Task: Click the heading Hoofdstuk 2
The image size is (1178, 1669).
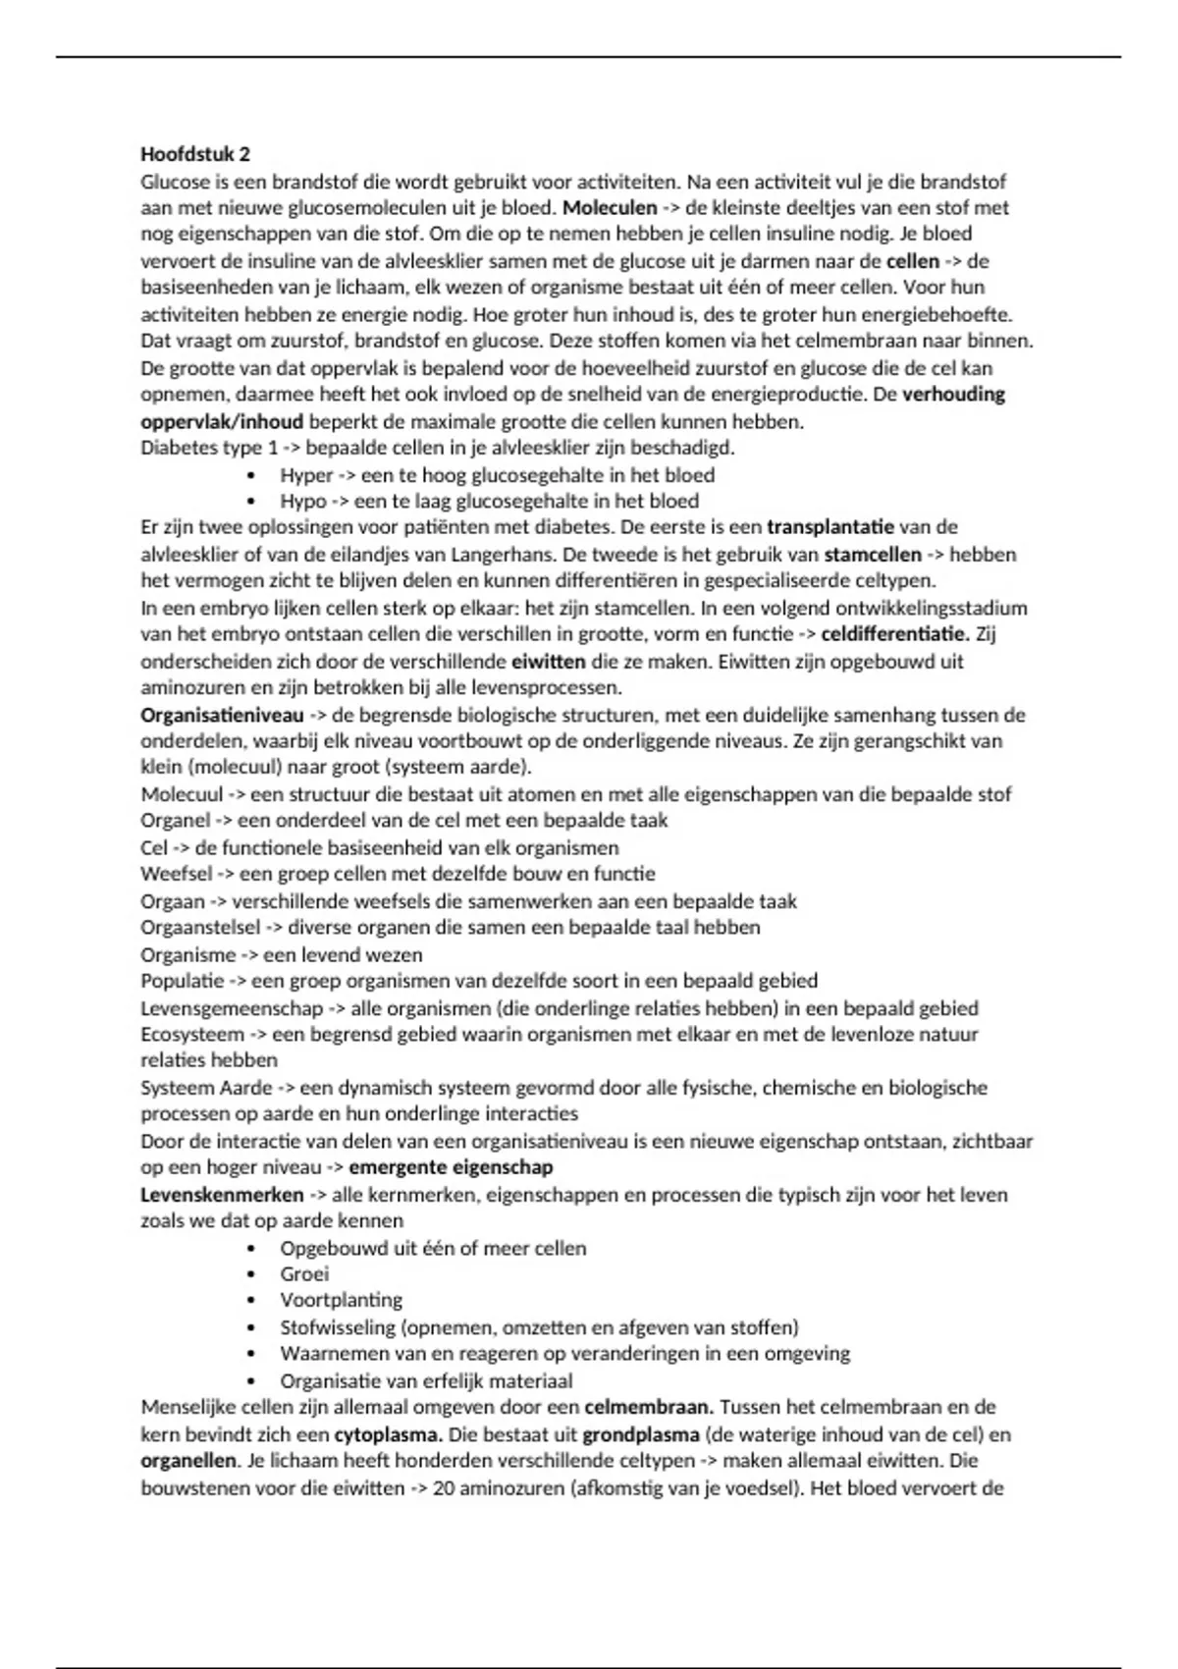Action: coord(195,154)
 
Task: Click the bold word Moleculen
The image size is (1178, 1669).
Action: coord(610,208)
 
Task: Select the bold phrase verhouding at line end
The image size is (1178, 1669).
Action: coord(953,395)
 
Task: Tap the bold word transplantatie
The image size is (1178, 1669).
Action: coord(830,527)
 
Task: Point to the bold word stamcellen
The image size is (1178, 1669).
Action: coord(873,555)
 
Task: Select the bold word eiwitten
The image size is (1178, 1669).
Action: coord(548,661)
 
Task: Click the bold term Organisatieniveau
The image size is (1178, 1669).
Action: coord(222,715)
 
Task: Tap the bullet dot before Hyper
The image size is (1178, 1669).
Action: coord(253,475)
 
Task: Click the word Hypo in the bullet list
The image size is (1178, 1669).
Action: coord(303,501)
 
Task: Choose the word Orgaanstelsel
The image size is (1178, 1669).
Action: coord(200,928)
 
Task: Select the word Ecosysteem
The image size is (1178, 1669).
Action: coord(192,1034)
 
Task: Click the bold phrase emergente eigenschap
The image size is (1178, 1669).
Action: coord(451,1167)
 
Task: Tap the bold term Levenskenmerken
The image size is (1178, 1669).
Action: coord(222,1195)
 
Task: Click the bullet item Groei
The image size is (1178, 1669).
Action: coord(304,1274)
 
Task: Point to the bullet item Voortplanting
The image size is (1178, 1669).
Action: coord(341,1301)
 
